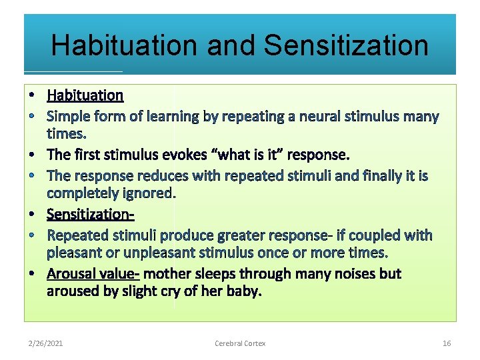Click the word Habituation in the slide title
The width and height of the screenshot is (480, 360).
pos(124,45)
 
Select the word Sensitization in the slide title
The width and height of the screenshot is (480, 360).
pos(346,45)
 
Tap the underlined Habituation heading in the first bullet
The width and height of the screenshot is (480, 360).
pos(85,95)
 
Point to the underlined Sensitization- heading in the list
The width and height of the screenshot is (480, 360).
pos(91,214)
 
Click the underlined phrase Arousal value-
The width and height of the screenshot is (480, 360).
pos(93,273)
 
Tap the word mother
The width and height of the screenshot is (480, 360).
pos(167,273)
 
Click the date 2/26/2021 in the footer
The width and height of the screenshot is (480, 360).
pos(46,343)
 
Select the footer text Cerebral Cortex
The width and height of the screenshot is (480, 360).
pos(240,343)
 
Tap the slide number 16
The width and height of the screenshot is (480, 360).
pos(447,343)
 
